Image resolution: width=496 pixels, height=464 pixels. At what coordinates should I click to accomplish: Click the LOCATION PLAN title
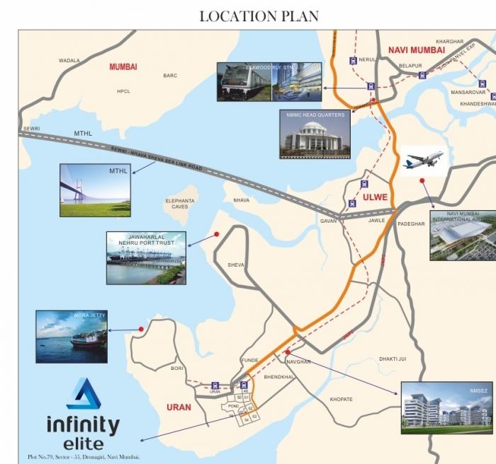(259, 16)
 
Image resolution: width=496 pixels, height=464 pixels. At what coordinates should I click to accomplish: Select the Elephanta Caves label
(180, 204)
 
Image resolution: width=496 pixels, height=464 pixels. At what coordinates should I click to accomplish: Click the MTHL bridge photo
(95, 190)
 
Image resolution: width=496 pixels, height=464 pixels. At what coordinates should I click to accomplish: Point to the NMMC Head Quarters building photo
(315, 134)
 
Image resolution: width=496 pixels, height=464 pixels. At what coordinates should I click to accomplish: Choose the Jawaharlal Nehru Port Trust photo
(146, 258)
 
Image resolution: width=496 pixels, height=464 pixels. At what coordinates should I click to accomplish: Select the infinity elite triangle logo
(84, 394)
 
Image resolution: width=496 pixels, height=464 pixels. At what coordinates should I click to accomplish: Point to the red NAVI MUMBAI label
(417, 50)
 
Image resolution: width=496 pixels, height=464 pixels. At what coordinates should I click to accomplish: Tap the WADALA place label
(69, 61)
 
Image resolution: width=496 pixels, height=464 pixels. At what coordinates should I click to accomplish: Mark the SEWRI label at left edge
(32, 129)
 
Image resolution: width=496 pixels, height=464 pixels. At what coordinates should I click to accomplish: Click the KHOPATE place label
(341, 400)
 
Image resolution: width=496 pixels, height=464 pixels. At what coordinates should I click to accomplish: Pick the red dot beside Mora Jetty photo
(142, 329)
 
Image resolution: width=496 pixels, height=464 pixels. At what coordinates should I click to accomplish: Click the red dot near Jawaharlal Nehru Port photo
(216, 234)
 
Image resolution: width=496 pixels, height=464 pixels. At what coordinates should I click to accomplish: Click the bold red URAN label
(179, 407)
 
